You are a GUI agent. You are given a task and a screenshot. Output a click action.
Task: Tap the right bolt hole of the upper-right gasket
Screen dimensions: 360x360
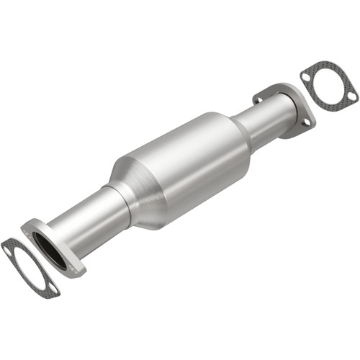coord(351,94)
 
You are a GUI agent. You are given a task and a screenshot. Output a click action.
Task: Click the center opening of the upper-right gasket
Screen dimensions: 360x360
coord(329,81)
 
